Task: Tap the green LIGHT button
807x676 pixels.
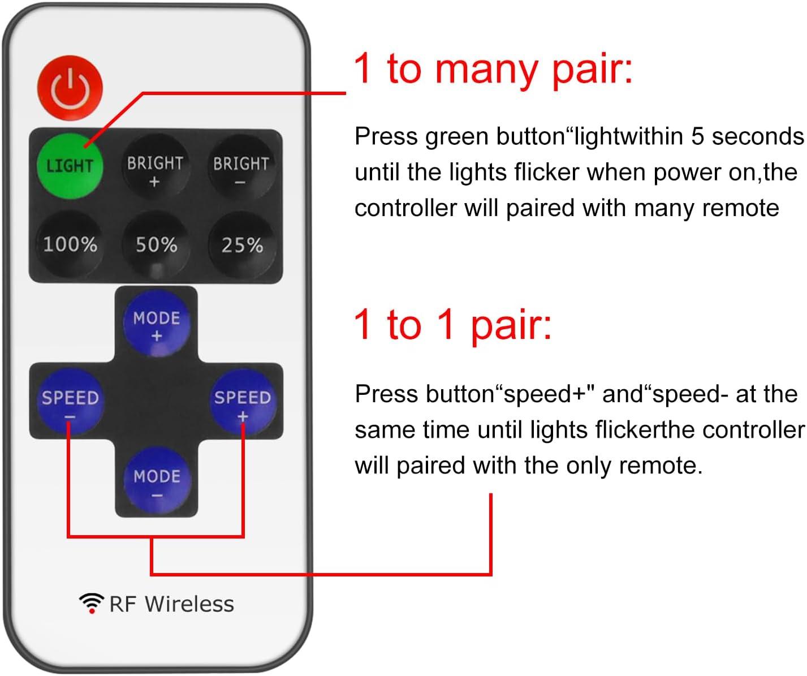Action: (x=70, y=166)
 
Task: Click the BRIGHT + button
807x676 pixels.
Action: (x=155, y=169)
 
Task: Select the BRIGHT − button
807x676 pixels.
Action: (x=241, y=169)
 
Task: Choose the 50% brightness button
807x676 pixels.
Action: (x=156, y=245)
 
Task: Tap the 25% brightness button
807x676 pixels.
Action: (x=242, y=245)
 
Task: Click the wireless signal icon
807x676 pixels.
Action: (x=91, y=603)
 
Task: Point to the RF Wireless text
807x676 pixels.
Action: (x=171, y=604)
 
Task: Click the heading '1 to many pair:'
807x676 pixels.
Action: (x=493, y=69)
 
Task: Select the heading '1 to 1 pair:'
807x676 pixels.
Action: (x=452, y=325)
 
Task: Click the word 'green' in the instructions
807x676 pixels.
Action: (x=457, y=137)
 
